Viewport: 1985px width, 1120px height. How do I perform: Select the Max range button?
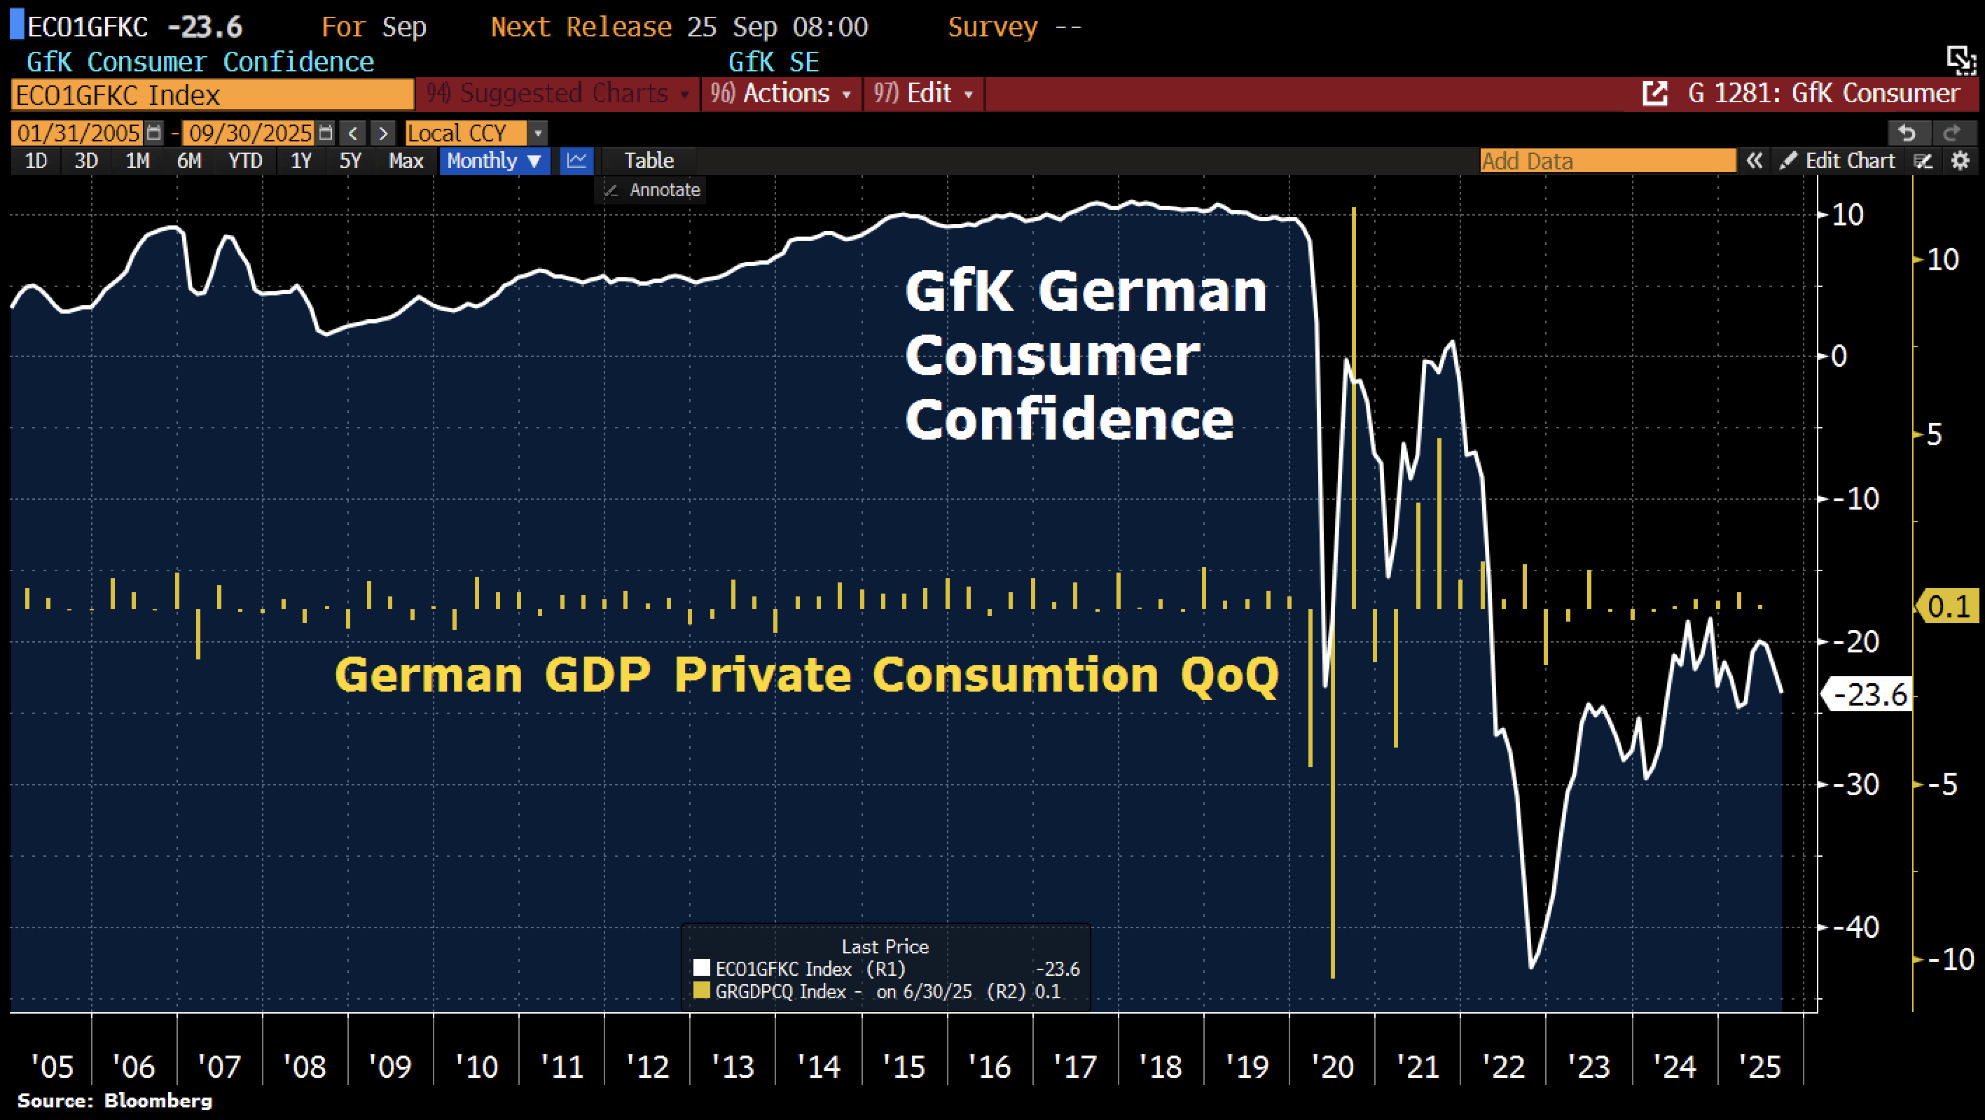pos(406,161)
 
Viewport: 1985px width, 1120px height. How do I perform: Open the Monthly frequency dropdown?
pos(494,161)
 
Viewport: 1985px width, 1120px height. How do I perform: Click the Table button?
pos(649,161)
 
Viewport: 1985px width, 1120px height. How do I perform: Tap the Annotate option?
pos(663,190)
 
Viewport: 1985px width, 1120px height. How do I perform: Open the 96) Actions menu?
pos(780,94)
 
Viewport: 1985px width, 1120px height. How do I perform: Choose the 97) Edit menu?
pos(922,94)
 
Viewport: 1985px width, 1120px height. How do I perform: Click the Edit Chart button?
pos(1848,161)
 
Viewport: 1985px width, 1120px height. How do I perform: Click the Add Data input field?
pos(1607,161)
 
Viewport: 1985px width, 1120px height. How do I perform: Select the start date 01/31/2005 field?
pos(78,133)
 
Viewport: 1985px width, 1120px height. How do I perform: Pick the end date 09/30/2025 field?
pos(251,133)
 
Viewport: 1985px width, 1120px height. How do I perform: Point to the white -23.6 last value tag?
pos(1869,695)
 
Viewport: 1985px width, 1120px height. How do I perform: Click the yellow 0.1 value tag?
pos(1947,607)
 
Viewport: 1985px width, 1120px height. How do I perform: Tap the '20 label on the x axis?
pos(1332,1067)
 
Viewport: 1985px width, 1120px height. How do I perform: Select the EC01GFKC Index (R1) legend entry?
pos(809,969)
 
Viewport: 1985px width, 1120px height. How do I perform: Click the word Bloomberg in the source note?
pos(158,1100)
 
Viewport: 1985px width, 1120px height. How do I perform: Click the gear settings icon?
pos(1960,161)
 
